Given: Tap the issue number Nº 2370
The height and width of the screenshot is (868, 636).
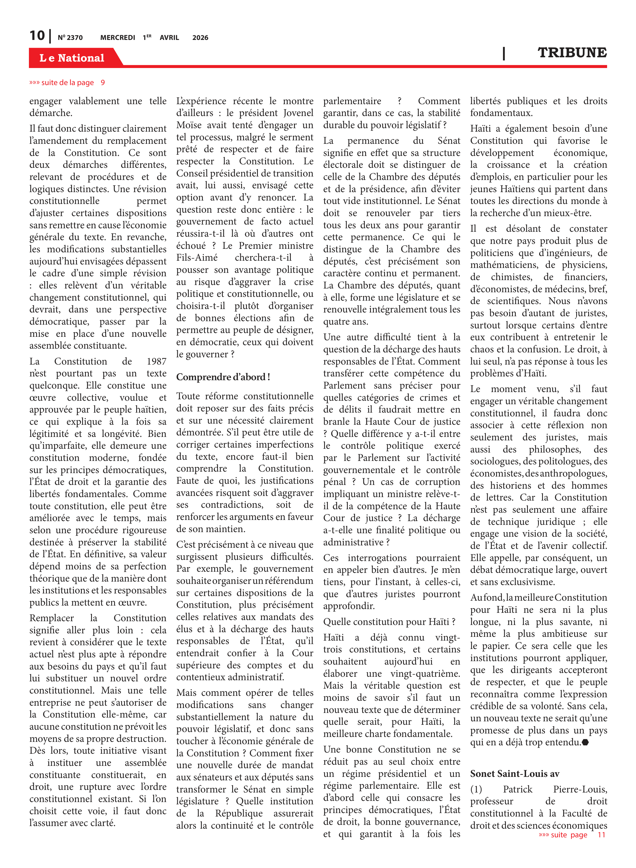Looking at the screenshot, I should (x=70, y=38).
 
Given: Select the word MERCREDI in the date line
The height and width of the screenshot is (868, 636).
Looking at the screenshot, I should (x=117, y=38).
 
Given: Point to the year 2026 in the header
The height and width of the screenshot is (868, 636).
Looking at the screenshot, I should (x=200, y=38).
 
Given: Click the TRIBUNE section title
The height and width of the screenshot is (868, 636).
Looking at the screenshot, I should (x=572, y=53).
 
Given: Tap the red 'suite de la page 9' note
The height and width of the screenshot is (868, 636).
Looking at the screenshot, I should (x=67, y=82).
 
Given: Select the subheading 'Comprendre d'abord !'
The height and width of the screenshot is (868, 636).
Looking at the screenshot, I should (x=223, y=377).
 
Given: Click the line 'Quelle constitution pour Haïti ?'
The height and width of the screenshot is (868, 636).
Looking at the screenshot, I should (x=389, y=621).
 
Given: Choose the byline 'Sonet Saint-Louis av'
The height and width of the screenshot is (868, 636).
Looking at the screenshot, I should (x=514, y=774).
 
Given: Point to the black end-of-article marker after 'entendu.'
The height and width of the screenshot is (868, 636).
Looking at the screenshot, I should (x=585, y=742).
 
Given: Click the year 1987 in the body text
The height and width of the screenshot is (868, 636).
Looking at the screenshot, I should (x=156, y=361).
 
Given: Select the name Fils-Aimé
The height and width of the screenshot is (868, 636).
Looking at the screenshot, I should (x=197, y=257).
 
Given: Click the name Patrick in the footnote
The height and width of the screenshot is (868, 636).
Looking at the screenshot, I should (x=517, y=789).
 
